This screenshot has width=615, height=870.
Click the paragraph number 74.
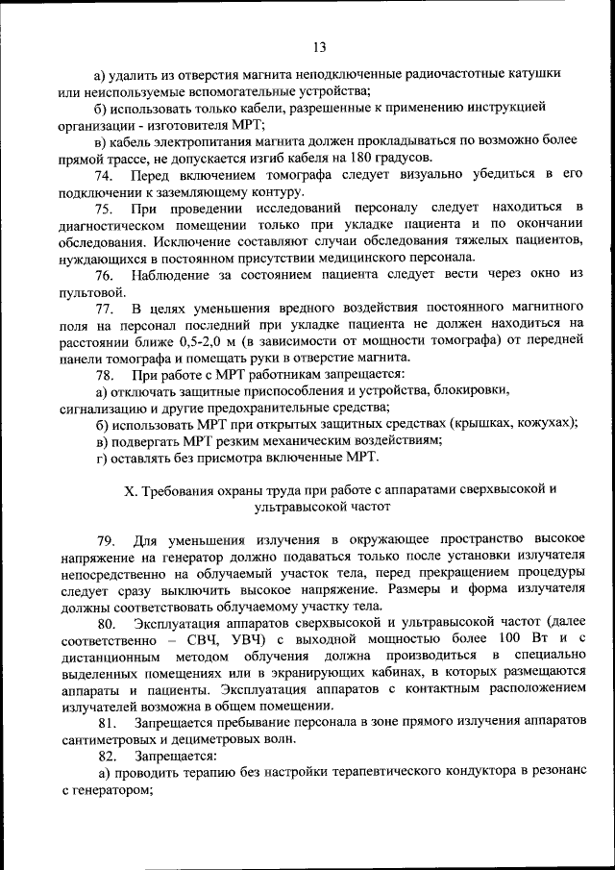click(105, 174)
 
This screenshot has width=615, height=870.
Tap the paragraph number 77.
click(105, 308)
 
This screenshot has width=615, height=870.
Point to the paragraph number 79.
click(105, 538)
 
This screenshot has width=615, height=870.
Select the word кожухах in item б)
click(544, 423)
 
